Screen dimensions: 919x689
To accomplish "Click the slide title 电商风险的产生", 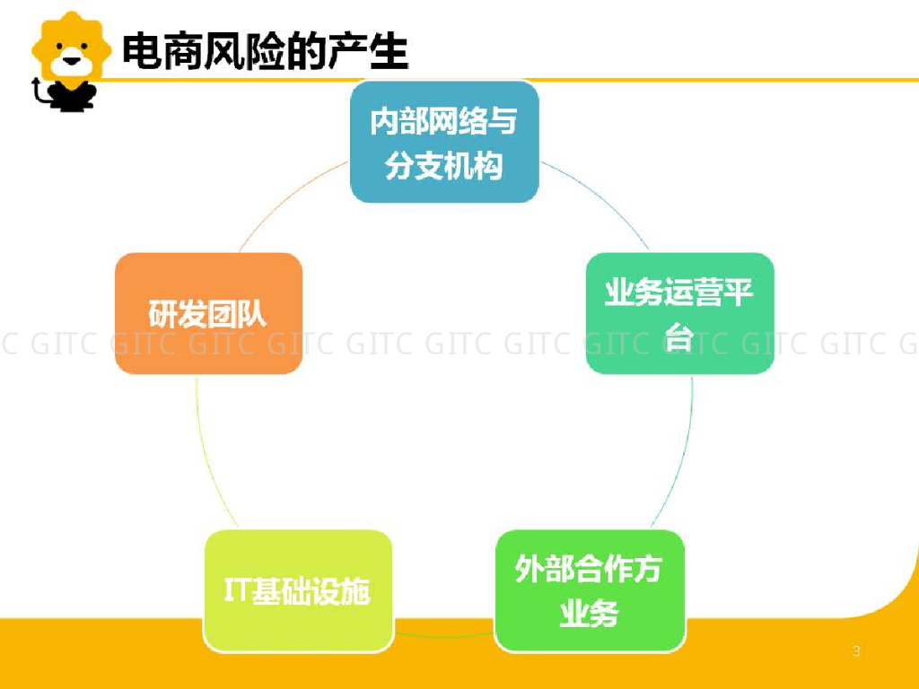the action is click(x=265, y=51).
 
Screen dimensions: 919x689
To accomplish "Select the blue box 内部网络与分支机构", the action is click(x=444, y=142).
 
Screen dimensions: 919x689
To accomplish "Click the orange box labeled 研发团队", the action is click(x=208, y=313).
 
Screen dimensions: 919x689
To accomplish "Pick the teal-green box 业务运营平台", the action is click(x=679, y=313).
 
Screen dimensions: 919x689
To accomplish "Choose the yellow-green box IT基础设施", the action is click(x=298, y=590).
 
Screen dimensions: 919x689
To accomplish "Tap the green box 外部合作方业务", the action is click(x=589, y=590).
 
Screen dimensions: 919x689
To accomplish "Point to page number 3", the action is click(x=856, y=651).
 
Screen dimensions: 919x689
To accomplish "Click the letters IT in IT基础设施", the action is click(x=238, y=590).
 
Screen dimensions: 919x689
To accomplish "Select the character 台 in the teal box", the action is click(x=679, y=336).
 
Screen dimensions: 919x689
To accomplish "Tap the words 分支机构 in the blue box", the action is click(x=444, y=166).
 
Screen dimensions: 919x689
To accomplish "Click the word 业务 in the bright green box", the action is click(x=589, y=615).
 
